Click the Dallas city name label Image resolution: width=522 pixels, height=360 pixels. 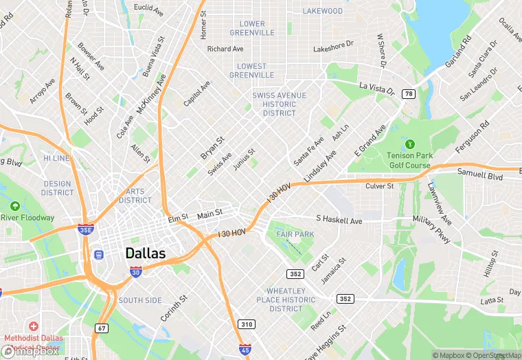(146, 254)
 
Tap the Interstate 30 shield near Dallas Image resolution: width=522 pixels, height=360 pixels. (136, 273)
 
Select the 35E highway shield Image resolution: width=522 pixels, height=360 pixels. (86, 230)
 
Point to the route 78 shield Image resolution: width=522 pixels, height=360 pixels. (409, 93)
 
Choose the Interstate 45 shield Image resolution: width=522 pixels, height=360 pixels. (245, 350)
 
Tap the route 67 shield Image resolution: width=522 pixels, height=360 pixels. (102, 328)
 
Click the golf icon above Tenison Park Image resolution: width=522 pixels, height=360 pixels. (410, 144)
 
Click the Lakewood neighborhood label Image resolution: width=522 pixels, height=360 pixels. (323, 11)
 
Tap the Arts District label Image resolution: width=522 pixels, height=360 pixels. (135, 196)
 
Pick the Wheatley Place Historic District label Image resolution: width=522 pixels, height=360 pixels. (286, 300)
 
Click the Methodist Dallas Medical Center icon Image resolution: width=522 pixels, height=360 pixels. (33, 324)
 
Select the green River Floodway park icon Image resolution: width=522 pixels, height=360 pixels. (15, 205)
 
